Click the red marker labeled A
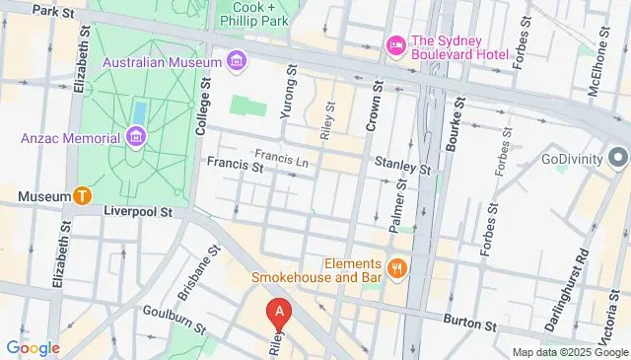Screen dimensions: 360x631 [280, 314]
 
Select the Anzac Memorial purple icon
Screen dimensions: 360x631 [135, 136]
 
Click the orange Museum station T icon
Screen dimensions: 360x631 [85, 195]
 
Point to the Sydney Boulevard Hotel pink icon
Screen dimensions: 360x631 [395, 45]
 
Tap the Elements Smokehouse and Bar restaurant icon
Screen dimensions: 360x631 [396, 267]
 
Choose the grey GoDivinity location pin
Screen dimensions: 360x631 [618, 158]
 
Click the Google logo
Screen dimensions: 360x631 [33, 347]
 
